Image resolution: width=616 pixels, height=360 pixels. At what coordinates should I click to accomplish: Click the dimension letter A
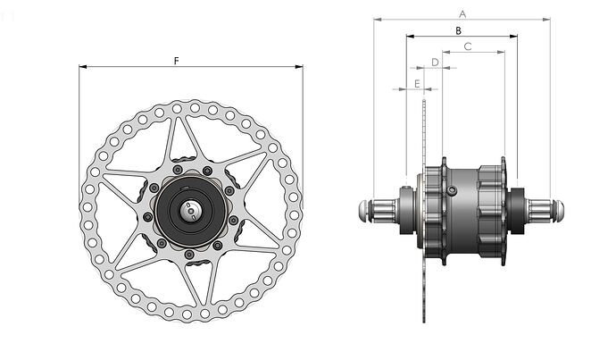point(462,13)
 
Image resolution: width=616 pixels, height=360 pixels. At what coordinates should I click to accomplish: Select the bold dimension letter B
point(458,30)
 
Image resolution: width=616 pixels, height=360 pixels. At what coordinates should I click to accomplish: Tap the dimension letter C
point(467,46)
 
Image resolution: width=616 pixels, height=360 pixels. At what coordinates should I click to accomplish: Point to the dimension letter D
point(435,62)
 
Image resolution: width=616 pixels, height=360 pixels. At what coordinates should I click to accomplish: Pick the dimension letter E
point(417,83)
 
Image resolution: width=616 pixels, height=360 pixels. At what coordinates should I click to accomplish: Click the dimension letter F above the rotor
point(176,61)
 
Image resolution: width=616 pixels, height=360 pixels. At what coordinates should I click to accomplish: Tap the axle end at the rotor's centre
point(190,211)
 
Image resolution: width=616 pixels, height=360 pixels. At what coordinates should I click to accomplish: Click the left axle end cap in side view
point(365,211)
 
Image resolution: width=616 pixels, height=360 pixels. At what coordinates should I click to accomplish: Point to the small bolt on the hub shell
point(452,190)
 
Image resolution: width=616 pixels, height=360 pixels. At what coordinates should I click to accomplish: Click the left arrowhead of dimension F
point(82,67)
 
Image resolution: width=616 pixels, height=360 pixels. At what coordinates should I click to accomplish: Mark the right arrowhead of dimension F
point(300,67)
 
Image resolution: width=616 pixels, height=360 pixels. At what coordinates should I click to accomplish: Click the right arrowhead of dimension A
point(547,19)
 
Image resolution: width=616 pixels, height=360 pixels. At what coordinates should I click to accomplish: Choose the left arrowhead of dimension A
point(377,19)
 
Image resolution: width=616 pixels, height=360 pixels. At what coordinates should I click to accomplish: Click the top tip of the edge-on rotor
point(423,101)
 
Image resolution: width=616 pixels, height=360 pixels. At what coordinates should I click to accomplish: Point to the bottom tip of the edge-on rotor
point(423,320)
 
